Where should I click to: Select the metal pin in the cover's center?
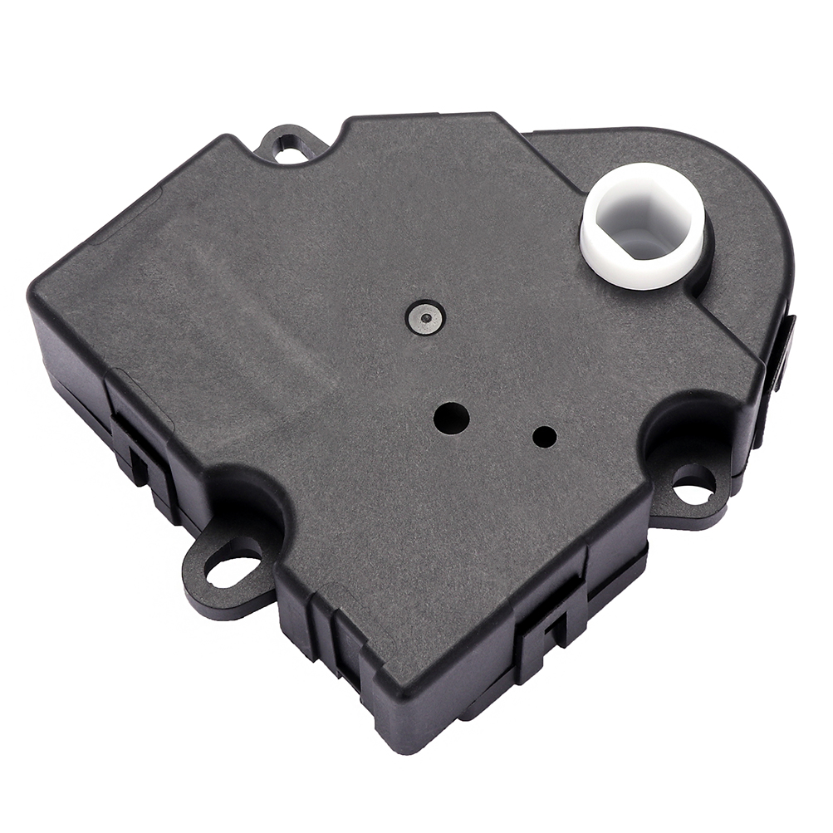[x=426, y=316]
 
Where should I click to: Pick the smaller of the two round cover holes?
[x=545, y=435]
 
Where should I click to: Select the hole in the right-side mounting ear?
[x=693, y=485]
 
